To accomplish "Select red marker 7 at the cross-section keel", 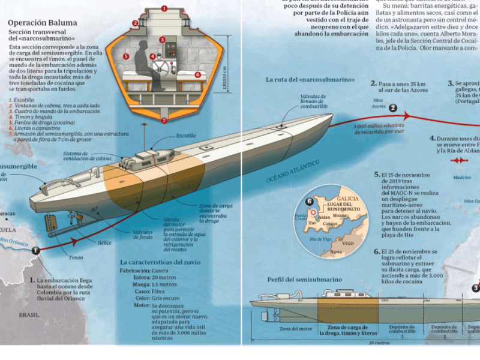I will tap(164, 120).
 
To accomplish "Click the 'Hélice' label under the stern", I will tap(106, 243).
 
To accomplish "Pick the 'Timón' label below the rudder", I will tap(76, 258).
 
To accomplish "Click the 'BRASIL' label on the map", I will tap(29, 314).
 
